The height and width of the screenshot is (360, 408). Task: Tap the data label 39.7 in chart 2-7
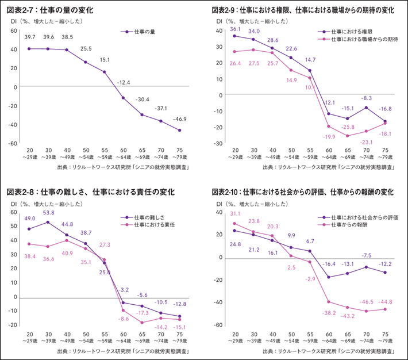[29, 37]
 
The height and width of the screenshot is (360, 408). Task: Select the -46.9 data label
[179, 118]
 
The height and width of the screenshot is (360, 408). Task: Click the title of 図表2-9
[303, 10]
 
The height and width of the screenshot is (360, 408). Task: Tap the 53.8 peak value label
[48, 213]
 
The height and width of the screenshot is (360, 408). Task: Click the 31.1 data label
[234, 213]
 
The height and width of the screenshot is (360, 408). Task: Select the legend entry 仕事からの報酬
[352, 225]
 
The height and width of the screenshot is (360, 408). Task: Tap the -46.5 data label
[365, 302]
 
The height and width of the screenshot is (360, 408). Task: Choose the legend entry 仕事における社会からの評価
[368, 218]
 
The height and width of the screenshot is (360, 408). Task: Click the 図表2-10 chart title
[303, 192]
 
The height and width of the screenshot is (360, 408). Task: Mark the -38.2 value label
[329, 313]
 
